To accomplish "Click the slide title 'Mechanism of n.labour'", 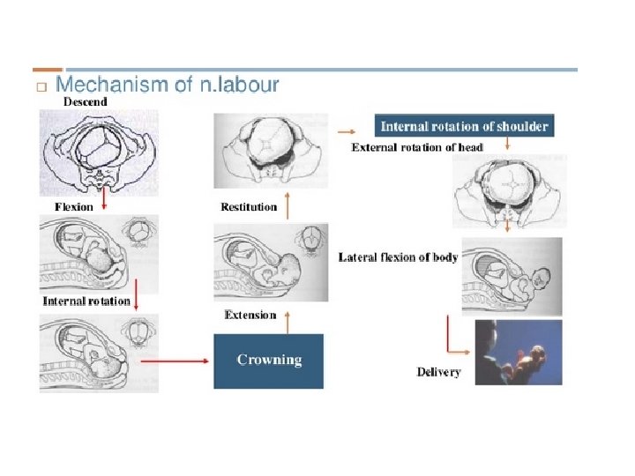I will pos(168,86).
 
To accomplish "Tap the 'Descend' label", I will pos(86,102).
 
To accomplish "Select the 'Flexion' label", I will pos(74,207).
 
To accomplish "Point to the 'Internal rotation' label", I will pos(86,301).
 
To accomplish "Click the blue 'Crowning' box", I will pos(269,360).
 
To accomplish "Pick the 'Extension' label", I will pos(250,315).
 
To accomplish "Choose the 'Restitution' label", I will pos(249,208).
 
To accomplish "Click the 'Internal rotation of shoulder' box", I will pos(464,126).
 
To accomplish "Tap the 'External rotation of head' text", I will pos(417,147).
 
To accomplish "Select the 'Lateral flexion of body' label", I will pos(399,257).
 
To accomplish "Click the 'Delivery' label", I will pos(438,372).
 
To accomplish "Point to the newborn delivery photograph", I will pos(518,352).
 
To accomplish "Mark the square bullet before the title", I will pos(40,87).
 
